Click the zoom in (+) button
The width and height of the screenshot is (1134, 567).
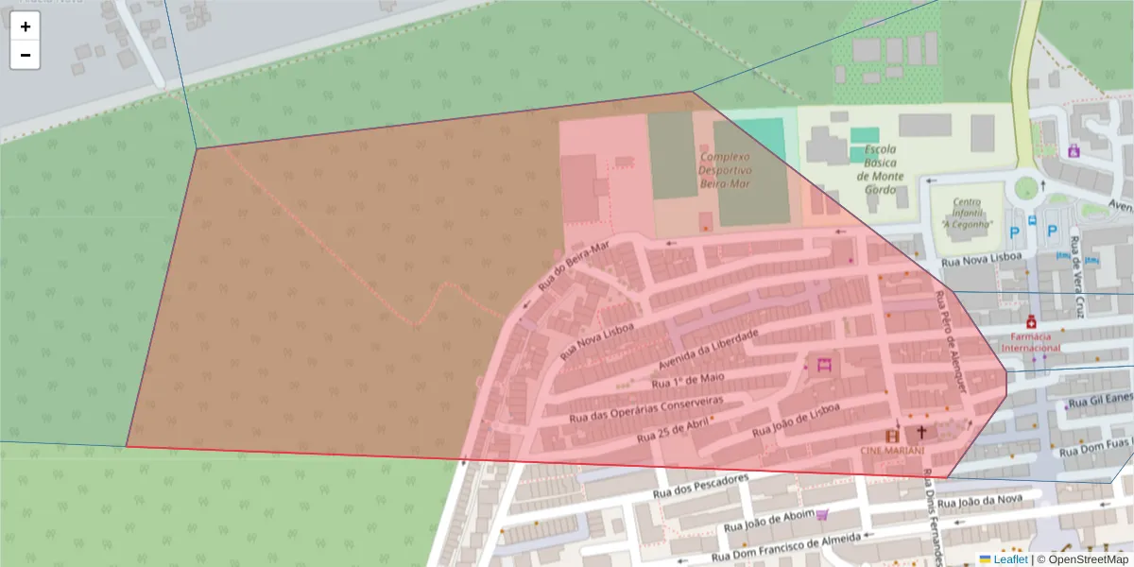pos(26,26)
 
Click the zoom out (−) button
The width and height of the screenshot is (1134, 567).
pos(26,55)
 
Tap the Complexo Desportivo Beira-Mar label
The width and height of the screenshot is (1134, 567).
pos(724,170)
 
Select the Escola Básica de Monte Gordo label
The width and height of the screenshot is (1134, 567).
pos(880,169)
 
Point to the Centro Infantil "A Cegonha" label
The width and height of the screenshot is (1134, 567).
pos(966,214)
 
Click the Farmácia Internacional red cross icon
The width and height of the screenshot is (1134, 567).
pos(1031,321)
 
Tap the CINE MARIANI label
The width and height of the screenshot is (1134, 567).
pos(891,451)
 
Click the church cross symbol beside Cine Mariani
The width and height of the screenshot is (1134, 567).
pos(920,432)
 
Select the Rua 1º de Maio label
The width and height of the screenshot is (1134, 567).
pos(688,381)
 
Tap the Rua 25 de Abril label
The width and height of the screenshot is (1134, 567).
pos(673,432)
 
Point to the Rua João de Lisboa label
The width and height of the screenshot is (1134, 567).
pos(796,420)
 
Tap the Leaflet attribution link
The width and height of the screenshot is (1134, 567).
pos(1010,559)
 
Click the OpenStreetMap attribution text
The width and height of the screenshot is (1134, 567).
pos(1082,559)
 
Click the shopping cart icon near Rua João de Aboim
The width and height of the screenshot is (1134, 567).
pos(822,515)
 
